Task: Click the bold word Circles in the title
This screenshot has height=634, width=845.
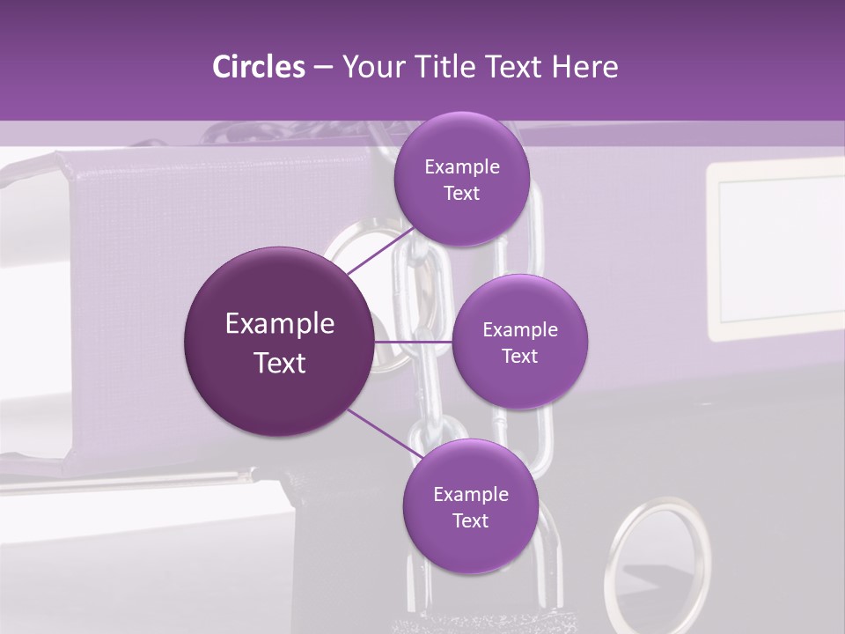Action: (x=258, y=67)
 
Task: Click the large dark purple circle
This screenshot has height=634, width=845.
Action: (x=280, y=342)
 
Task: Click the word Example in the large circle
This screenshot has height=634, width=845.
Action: (x=280, y=324)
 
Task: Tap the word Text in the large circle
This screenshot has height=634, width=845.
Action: (x=280, y=363)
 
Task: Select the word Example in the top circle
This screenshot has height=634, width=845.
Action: (x=461, y=167)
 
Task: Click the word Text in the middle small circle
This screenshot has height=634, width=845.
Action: (x=520, y=357)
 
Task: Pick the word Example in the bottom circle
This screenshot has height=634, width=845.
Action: (x=470, y=495)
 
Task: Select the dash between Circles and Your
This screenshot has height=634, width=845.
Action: (x=322, y=68)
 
